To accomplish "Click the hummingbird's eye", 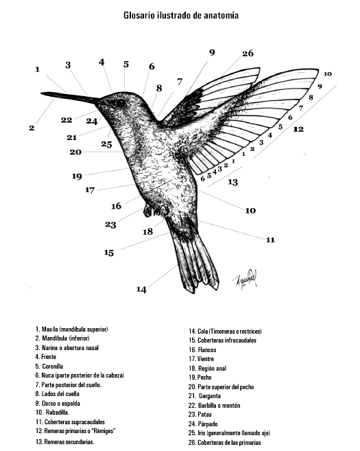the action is pos(121,103).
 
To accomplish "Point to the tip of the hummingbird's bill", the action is pos(41,93).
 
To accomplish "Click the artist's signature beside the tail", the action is pos(245,278).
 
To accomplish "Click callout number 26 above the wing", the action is pos(248,54).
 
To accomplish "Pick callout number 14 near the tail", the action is pos(141,290).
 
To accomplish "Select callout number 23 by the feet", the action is pos(110,224).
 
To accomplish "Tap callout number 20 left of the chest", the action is pos(75,152).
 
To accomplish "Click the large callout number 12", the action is pos(298,129).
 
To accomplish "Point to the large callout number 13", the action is pos(232,182).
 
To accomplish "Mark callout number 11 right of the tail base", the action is pos(270,240).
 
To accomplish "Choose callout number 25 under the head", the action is pos(106,144).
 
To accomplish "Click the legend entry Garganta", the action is pos(204,396).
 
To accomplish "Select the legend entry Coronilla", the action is pos(49,366).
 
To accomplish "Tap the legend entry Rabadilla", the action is pos(52,413).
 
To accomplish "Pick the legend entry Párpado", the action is pos(203,424).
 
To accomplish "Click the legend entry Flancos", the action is pos(202,350).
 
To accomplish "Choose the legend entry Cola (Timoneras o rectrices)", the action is pos(225,332).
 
